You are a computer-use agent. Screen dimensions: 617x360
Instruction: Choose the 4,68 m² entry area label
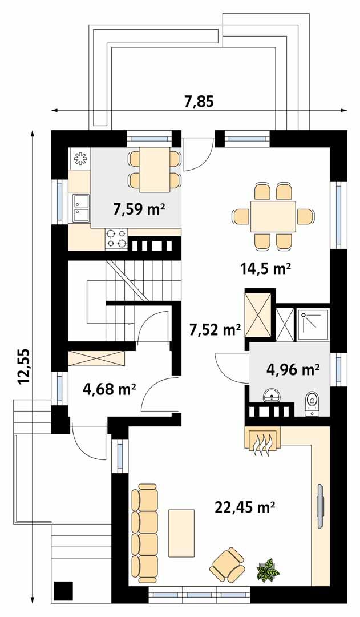[109, 390]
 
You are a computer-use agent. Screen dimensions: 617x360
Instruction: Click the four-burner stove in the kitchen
[116, 239]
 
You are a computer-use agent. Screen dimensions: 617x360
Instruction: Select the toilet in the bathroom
[312, 402]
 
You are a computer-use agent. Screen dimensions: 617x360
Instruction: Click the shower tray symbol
[312, 324]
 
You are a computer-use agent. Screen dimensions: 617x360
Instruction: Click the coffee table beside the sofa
[181, 533]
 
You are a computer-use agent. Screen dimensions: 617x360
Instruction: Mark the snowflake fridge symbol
[80, 158]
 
